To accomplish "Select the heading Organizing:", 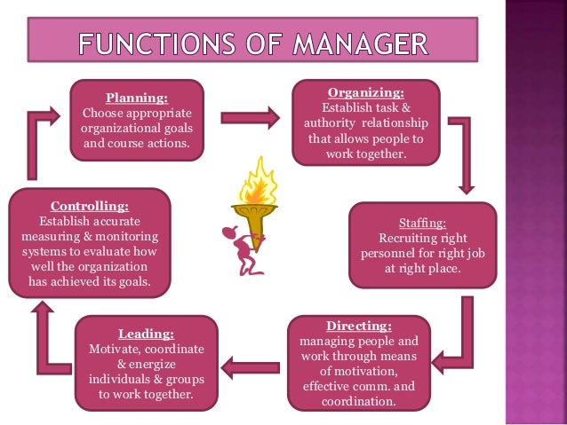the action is click(x=366, y=91).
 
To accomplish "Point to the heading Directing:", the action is click(x=358, y=326).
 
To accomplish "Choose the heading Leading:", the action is click(x=145, y=334).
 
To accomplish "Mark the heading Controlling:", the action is click(x=88, y=206).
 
